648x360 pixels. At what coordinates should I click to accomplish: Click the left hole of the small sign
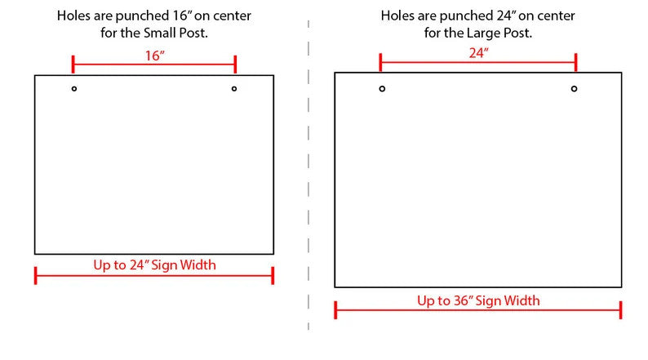pyautogui.click(x=74, y=88)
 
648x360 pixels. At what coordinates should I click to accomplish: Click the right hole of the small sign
pyautogui.click(x=234, y=88)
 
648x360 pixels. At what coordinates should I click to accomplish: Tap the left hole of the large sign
pyautogui.click(x=382, y=88)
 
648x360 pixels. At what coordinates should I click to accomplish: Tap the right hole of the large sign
pyautogui.click(x=574, y=88)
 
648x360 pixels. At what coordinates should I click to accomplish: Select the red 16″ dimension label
pyautogui.click(x=155, y=56)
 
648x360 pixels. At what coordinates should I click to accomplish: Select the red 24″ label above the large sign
pyautogui.click(x=478, y=53)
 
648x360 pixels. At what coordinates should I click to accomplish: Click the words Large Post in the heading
pyautogui.click(x=499, y=33)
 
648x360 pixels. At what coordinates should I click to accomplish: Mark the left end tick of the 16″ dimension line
pyautogui.click(x=73, y=64)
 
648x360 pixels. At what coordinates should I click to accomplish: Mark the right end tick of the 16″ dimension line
pyautogui.click(x=235, y=64)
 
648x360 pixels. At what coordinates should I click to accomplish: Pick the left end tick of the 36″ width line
pyautogui.click(x=335, y=310)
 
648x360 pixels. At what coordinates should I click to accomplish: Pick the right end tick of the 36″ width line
pyautogui.click(x=621, y=310)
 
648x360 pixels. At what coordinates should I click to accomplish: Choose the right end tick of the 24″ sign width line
pyautogui.click(x=273, y=276)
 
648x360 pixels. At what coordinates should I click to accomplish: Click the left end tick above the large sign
pyautogui.click(x=380, y=62)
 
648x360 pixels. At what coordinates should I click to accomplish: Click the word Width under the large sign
pyautogui.click(x=522, y=300)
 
